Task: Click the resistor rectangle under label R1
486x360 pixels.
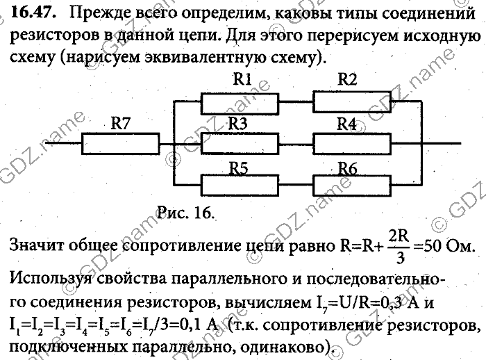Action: (240, 103)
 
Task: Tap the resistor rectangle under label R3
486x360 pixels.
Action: (240, 145)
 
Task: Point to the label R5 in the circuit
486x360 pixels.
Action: (239, 168)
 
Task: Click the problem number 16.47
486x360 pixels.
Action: (29, 13)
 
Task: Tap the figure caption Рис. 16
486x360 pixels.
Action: (183, 211)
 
